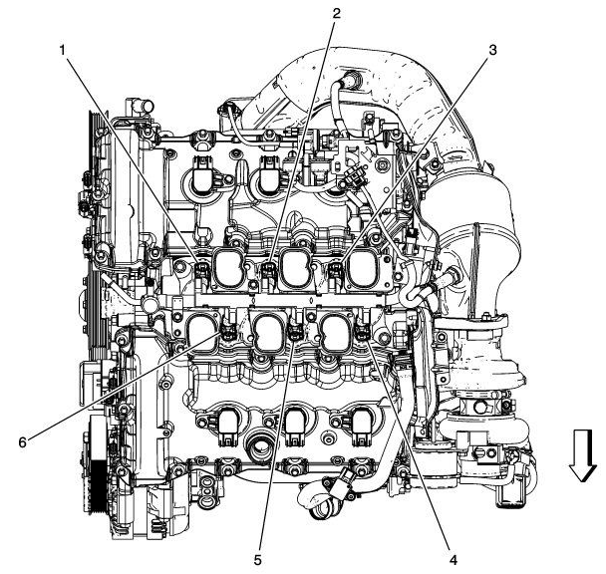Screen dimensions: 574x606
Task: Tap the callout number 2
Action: point(337,13)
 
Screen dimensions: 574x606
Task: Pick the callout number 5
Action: point(257,561)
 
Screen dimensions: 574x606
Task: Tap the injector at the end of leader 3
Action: point(336,268)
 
